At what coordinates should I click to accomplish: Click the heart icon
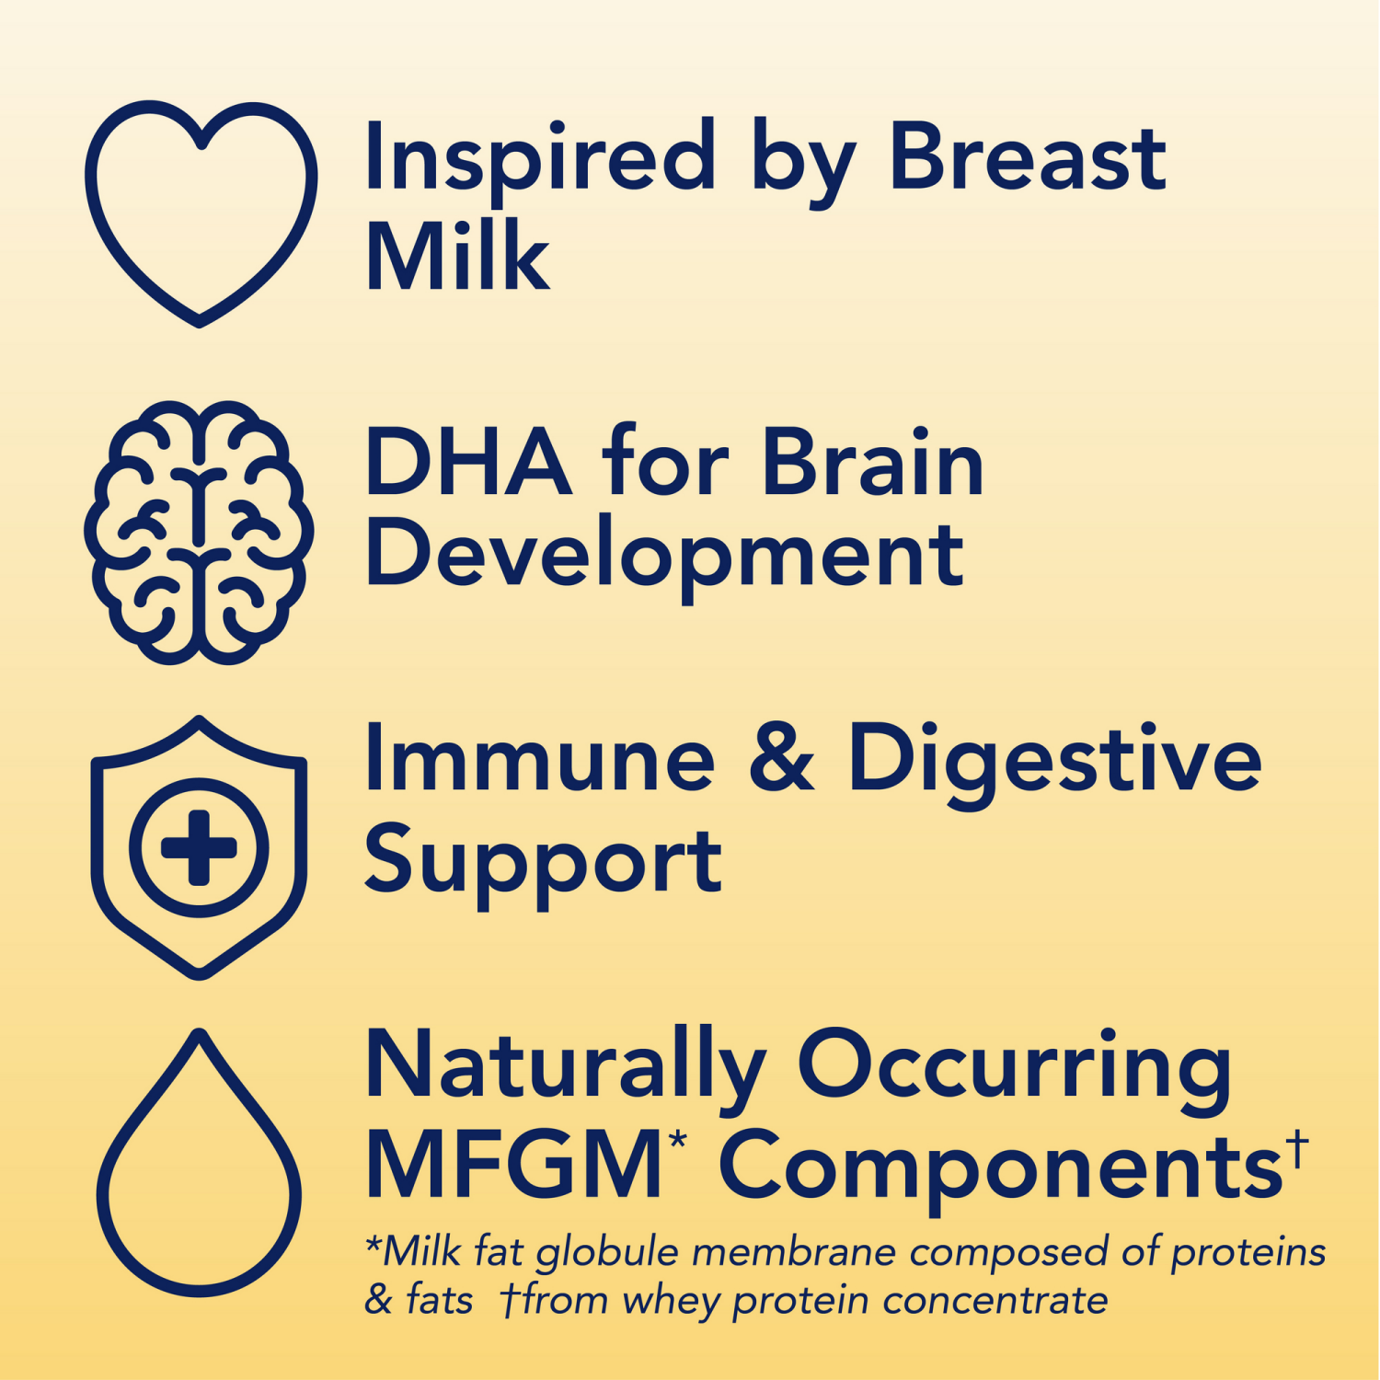pos(201,212)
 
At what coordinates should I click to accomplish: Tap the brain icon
pos(199,532)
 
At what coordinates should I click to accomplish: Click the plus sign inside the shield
pos(199,847)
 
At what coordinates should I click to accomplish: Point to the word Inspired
pos(539,158)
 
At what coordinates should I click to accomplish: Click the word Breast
pos(1027,158)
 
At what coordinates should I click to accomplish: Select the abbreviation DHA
pos(467,463)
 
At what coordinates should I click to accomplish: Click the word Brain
pos(873,463)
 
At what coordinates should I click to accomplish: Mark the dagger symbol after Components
pos(1297,1150)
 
